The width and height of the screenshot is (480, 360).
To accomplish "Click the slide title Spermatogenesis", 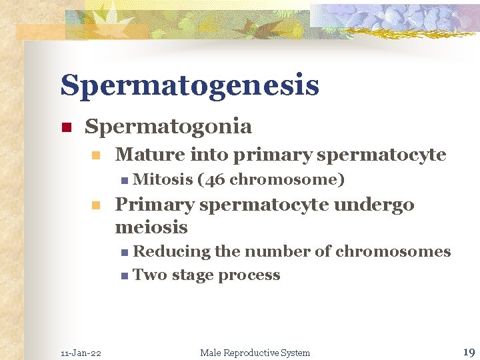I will click(x=189, y=86).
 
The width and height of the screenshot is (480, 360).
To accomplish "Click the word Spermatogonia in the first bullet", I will click(x=168, y=126).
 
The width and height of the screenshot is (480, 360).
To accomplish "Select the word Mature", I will click(x=151, y=155).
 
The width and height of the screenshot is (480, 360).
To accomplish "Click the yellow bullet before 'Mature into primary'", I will click(x=96, y=156).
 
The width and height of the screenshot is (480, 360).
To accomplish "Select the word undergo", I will click(x=377, y=205).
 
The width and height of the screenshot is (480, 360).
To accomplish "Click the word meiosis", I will click(x=151, y=227).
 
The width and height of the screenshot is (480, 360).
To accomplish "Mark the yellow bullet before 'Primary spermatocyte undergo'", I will click(x=96, y=205).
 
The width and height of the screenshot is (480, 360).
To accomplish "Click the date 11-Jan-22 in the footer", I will click(x=81, y=353).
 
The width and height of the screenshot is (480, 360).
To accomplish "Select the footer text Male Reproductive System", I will click(x=255, y=353).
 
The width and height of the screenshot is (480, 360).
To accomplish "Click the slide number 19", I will click(x=468, y=351).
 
